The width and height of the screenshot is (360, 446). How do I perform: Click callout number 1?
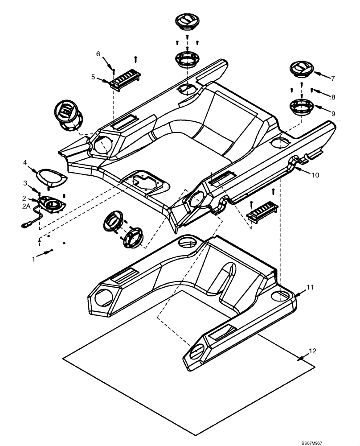33,259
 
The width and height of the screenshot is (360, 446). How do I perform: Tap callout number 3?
25,183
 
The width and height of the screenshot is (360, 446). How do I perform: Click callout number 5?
93,77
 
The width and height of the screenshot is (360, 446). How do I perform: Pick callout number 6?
98,54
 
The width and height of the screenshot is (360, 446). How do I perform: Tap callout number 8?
333,96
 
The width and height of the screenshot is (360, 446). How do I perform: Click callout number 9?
332,114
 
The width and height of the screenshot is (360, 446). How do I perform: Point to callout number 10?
315,175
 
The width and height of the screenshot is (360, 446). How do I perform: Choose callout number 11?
310,287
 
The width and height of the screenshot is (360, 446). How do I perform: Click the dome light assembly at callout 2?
52,206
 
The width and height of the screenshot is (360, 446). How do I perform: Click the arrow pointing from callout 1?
46,253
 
